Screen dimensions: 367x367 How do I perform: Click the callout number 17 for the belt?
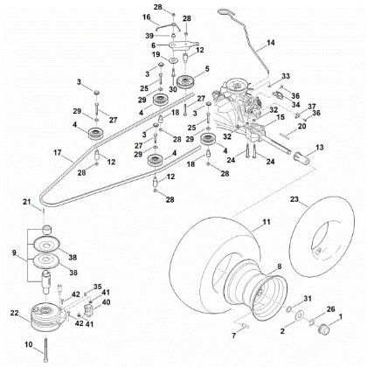tap(32, 155)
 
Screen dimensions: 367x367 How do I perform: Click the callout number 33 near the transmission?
tap(285, 77)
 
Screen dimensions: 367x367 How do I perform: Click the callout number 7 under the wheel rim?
tap(210, 335)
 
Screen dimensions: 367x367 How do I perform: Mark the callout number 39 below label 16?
tap(150, 34)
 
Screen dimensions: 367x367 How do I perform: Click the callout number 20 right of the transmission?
tap(302, 126)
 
